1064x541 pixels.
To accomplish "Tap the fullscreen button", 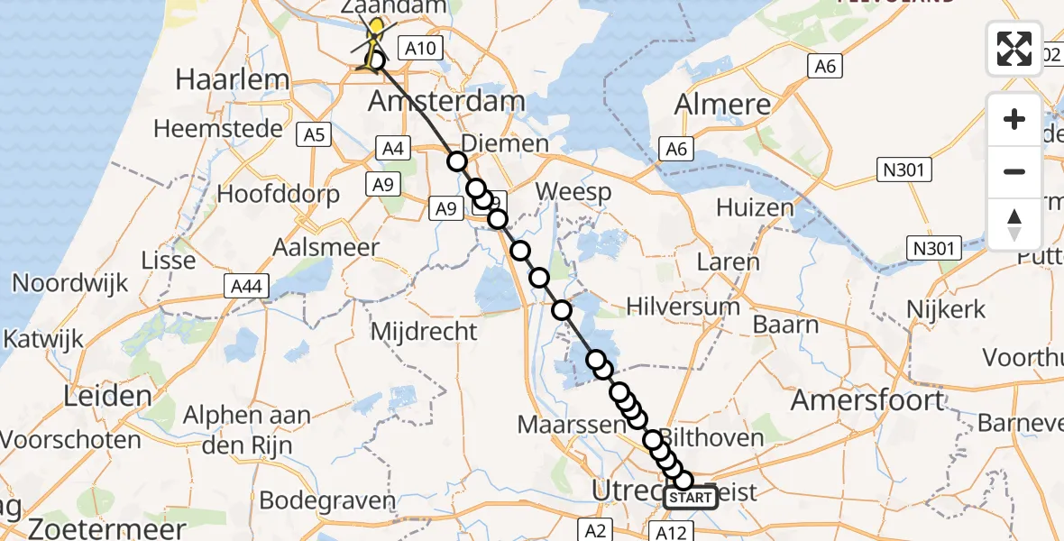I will point(1014,49).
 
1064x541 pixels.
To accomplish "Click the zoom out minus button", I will point(1014,171).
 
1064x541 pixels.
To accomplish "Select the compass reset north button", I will point(1014,224).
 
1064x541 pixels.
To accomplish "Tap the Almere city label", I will point(723,105).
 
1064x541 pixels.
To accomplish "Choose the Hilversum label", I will point(683,307).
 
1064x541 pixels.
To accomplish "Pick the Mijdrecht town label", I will point(424,332).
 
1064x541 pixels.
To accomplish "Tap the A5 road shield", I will point(314,135).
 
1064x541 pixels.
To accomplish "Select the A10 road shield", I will point(417,50).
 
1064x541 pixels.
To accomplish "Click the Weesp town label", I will point(573,192).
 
